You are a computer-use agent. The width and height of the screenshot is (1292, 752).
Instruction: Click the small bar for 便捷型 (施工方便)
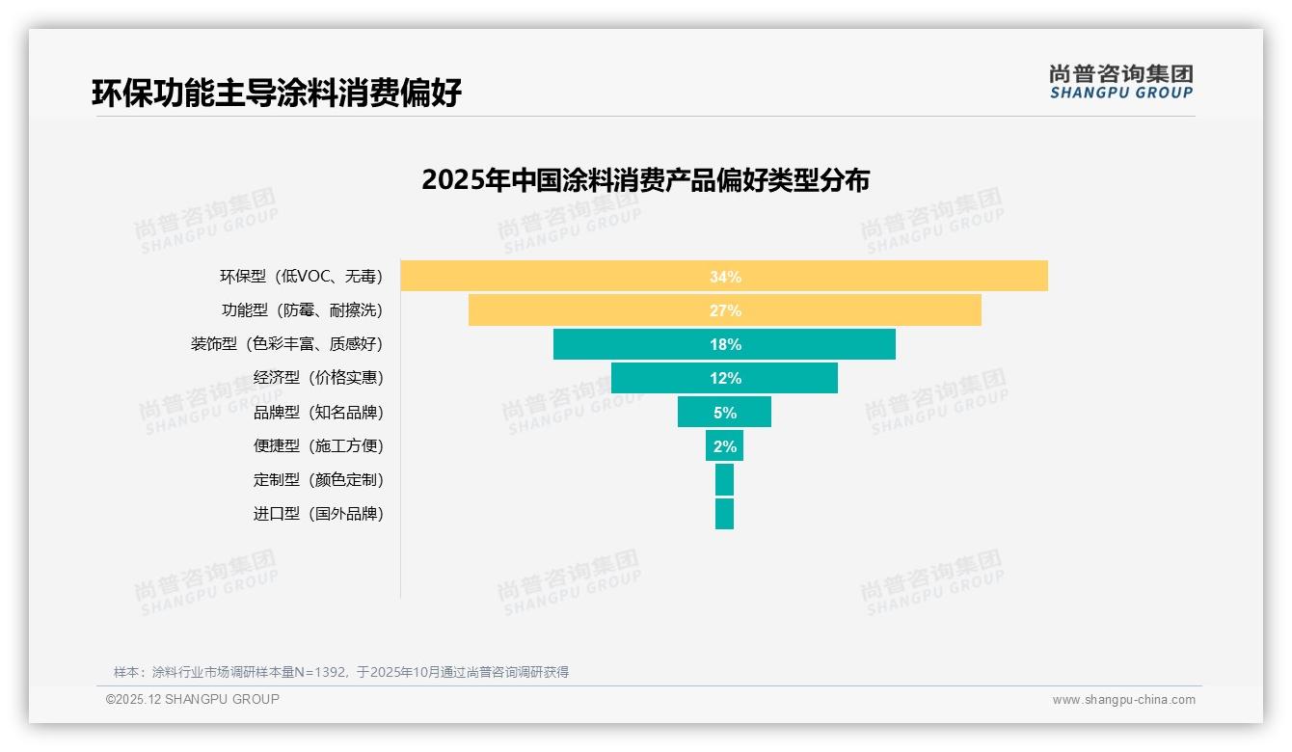[x=724, y=445]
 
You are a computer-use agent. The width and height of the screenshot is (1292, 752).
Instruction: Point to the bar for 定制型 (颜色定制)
[x=724, y=479]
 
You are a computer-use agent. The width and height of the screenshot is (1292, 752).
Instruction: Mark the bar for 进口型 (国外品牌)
[x=724, y=513]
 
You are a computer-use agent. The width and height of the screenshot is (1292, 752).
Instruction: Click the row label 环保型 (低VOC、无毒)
[x=301, y=277]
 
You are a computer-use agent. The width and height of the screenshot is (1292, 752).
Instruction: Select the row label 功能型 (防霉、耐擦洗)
[x=302, y=310]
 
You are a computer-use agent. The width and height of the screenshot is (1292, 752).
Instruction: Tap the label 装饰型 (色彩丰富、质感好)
[x=286, y=344]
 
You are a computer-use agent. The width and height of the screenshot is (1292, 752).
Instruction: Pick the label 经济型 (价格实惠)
[x=318, y=378]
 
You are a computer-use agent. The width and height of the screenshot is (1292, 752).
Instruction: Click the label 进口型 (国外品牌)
[x=318, y=513]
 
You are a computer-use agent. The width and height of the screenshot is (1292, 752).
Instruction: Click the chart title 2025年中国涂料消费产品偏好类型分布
[x=645, y=180]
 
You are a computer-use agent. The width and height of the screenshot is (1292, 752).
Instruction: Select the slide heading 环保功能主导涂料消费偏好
[x=277, y=93]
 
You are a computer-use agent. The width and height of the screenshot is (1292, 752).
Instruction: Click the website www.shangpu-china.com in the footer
[x=1123, y=700]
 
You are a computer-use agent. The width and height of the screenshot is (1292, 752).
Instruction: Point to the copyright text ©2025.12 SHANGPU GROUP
[x=193, y=699]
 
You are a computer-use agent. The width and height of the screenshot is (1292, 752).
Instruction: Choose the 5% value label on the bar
[x=725, y=413]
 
